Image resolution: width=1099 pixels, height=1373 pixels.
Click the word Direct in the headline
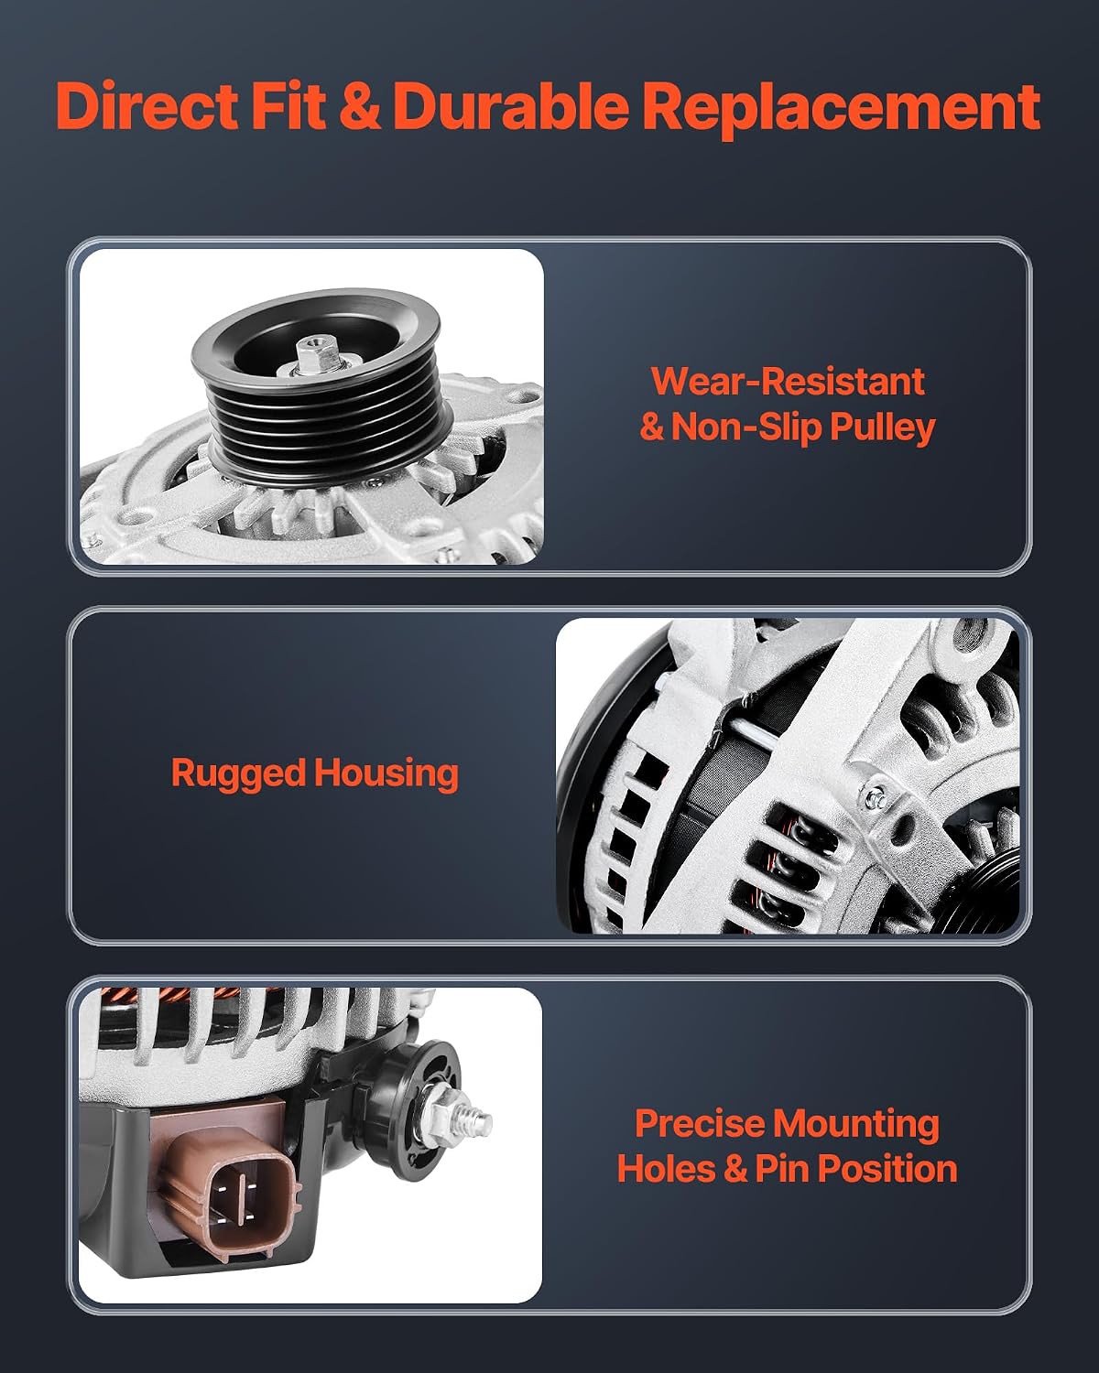(147, 105)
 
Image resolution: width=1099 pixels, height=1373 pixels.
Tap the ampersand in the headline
(360, 106)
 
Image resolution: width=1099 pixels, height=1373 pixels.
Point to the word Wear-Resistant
(788, 382)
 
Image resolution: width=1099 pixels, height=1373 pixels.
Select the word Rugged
(238, 774)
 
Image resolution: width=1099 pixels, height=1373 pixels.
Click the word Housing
(386, 773)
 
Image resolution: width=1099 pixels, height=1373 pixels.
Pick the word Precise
(700, 1123)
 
